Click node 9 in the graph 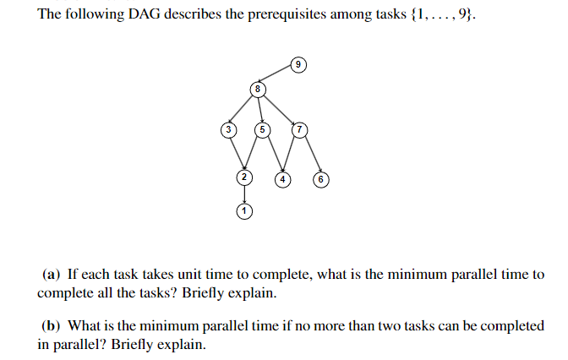(x=298, y=63)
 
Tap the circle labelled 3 (x=227, y=129)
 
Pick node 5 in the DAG (x=263, y=129)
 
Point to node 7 (x=298, y=129)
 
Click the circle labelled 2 (x=244, y=177)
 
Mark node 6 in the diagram (x=320, y=179)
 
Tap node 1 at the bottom (x=244, y=211)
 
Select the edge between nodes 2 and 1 (x=244, y=194)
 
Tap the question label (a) (x=52, y=275)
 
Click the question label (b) (x=52, y=325)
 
